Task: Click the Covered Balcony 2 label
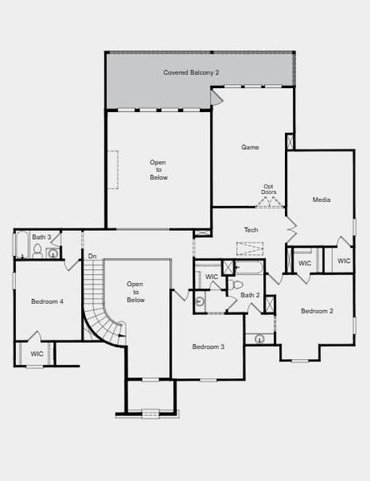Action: tap(191, 72)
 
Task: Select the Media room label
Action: tap(321, 199)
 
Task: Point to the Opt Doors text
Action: tap(268, 190)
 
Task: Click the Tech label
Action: tap(250, 230)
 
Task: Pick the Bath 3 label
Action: tap(42, 237)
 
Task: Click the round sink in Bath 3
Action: tap(53, 254)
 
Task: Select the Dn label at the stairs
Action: tap(92, 257)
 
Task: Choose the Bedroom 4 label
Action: tap(47, 301)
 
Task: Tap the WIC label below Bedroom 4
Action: tap(37, 354)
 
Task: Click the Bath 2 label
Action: tap(250, 296)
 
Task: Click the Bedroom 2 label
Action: tap(317, 310)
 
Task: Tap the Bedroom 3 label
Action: tap(208, 346)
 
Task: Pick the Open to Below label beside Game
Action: tap(158, 169)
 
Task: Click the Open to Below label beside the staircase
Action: tap(136, 292)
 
